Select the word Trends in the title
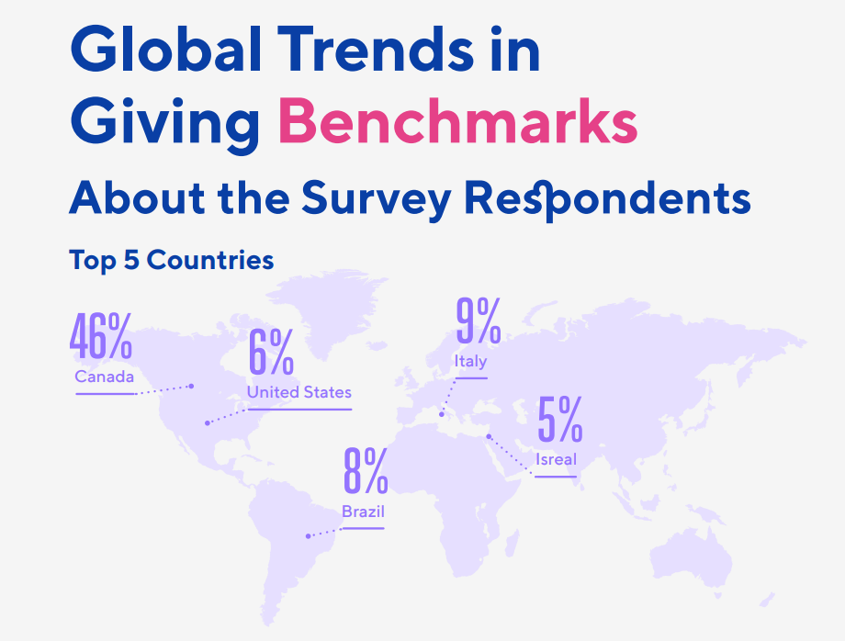pos(376,49)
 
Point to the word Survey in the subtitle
pos(377,200)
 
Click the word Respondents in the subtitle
pos(607,200)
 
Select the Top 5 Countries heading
pos(172,260)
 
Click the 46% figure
pos(101,336)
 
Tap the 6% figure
pos(271,352)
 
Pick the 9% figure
pos(479,320)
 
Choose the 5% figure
pos(560,419)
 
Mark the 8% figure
pos(366,471)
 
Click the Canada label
pos(105,377)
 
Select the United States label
pos(299,392)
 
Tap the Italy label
pos(471,362)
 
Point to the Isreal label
pos(557,459)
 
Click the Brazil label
pos(363,512)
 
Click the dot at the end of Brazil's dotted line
pos(308,536)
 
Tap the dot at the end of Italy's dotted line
pos(442,414)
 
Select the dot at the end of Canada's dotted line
pos(191,386)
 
